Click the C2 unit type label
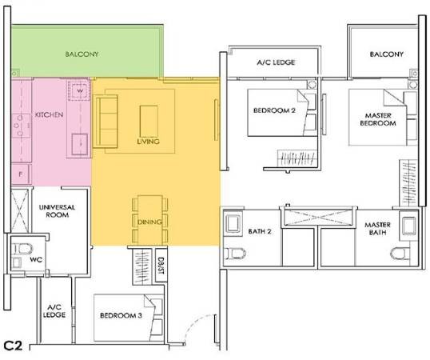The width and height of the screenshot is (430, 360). pos(13,346)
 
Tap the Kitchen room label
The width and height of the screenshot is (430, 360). pos(49,114)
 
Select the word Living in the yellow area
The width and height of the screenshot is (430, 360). pos(148,142)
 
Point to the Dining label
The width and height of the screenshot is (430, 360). pos(149,222)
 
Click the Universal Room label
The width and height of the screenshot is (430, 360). pos(57,211)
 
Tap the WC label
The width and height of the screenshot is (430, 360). pos(36,259)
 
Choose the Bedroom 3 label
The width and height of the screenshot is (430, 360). pos(121,315)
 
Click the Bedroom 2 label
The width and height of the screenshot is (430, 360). pos(274,110)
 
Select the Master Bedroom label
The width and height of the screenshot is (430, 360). pos(378,119)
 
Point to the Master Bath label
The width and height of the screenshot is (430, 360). pos(377,229)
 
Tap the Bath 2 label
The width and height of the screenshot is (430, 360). pos(260,231)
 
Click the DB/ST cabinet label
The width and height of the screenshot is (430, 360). pos(161,266)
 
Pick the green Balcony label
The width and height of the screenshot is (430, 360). pos(82,54)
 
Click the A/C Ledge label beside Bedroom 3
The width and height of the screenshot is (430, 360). pos(54,311)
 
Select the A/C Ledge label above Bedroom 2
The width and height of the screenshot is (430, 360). pos(276,62)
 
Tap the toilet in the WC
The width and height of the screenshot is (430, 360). pos(22,249)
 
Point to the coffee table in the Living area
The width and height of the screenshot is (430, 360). pos(149,122)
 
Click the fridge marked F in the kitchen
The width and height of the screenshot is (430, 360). pos(21,174)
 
